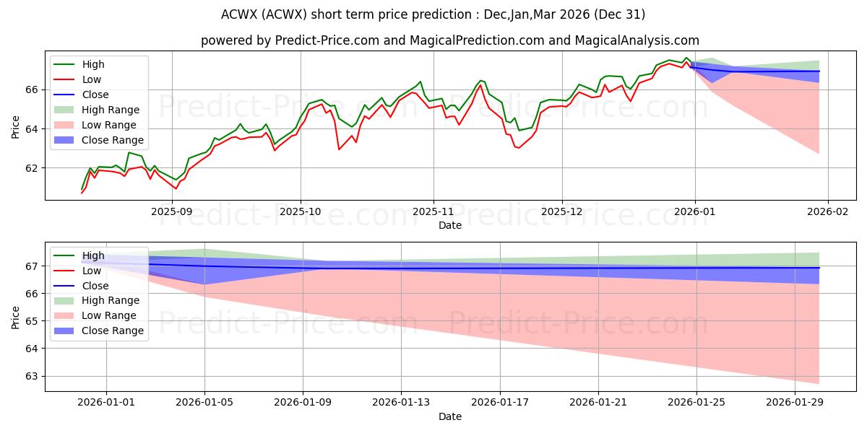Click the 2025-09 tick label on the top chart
point(172,212)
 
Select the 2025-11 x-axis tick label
point(433,212)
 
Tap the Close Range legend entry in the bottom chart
point(113,331)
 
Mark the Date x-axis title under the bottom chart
point(449,416)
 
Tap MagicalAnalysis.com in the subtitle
point(643,40)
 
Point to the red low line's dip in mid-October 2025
point(339,149)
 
